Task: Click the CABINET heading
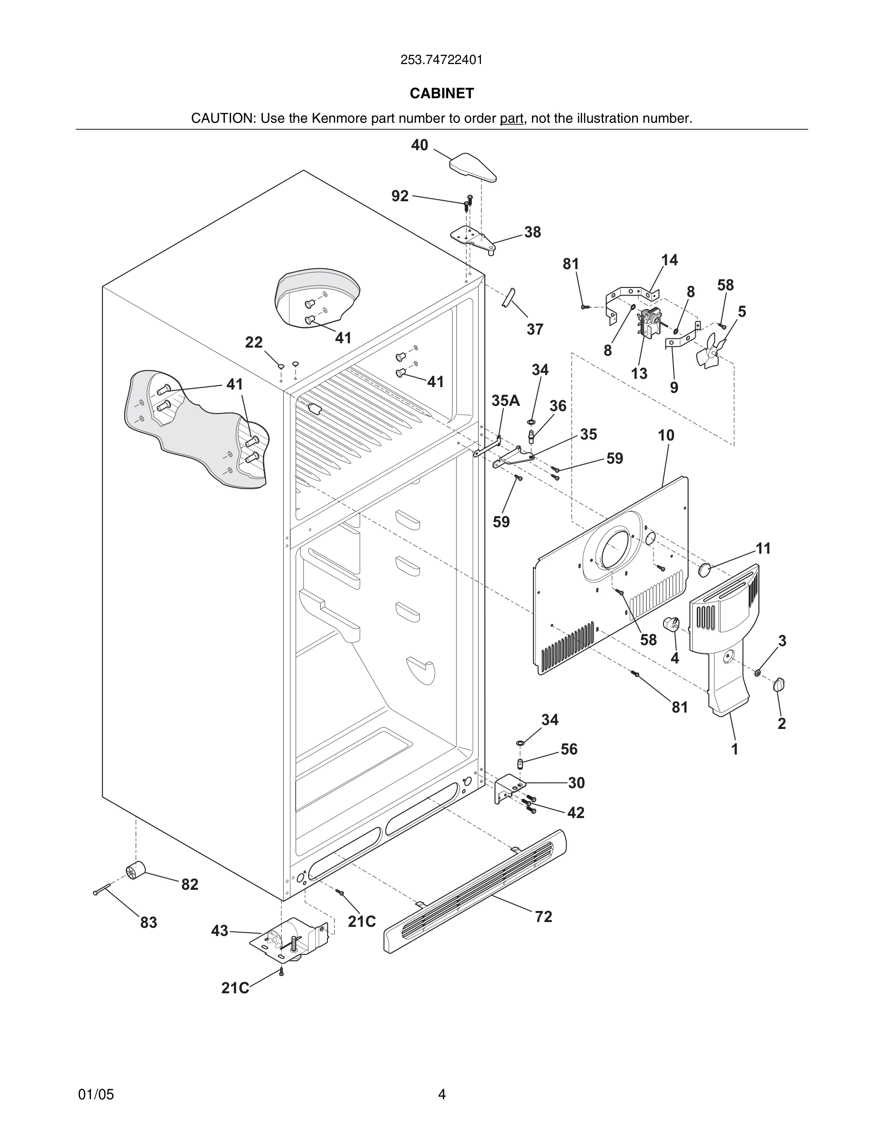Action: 442,93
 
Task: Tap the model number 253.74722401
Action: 442,60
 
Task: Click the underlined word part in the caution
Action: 511,118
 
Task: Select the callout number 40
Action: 419,145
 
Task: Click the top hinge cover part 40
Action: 473,167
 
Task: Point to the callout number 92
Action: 400,196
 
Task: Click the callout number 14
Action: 669,260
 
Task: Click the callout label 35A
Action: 506,401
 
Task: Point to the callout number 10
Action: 665,435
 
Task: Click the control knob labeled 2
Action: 779,684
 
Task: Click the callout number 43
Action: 220,931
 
